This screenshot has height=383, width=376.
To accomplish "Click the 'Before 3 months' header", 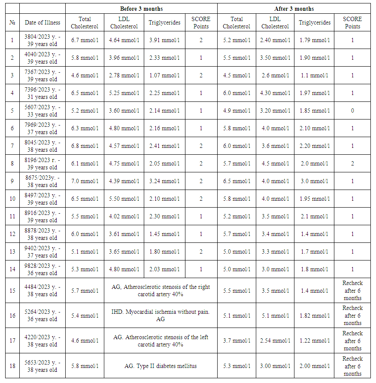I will pos(141,9).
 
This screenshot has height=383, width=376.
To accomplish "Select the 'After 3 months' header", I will pos(294,9).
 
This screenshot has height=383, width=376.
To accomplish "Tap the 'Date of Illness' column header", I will pos(42,22).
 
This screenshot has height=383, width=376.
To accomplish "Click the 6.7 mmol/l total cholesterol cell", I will pos(85,40).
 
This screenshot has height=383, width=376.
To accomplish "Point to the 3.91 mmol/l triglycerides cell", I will pos(164,40).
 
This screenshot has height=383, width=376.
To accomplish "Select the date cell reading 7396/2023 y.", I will pos(42,93).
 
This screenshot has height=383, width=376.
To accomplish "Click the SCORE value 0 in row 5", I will pos(352,110).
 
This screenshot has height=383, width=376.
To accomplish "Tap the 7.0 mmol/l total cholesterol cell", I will pos(85,181).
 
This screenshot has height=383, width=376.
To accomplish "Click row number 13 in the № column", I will pos(12,251).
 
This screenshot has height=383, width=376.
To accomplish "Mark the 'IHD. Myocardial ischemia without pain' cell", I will pos(161,316).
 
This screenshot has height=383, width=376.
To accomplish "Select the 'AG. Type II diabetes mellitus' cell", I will pos(161,366).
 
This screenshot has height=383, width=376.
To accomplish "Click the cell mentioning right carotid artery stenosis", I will pos(161,291).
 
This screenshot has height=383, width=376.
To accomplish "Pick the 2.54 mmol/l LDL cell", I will pos(275,340).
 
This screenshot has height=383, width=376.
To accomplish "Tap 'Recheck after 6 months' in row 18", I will pos(352,366).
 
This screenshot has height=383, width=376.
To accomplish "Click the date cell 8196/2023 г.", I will pos(42,163).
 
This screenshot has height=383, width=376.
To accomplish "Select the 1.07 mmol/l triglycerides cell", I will pos(164,75).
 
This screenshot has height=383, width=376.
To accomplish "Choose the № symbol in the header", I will pos(12,22).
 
